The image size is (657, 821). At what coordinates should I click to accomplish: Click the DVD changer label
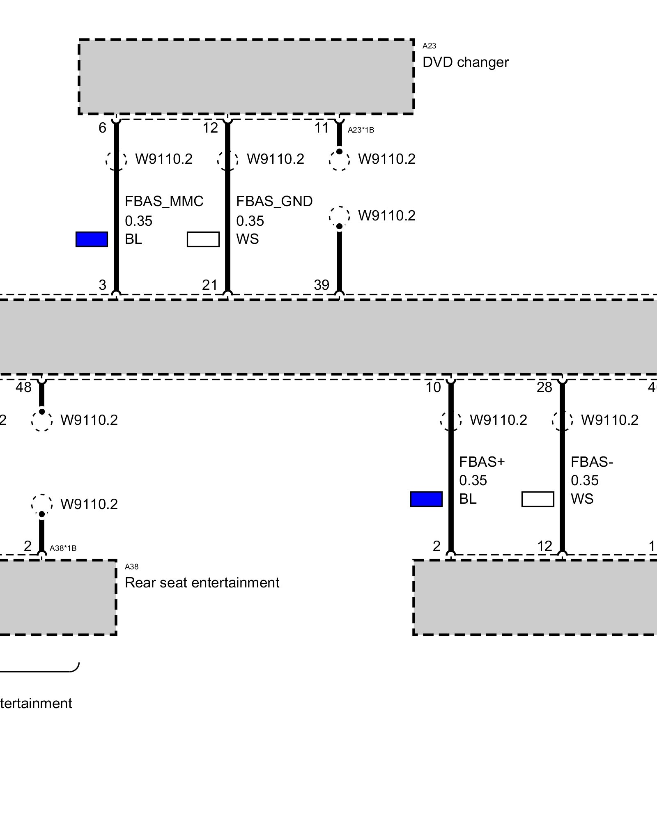(x=465, y=62)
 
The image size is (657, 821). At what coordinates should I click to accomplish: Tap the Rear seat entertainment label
(x=202, y=582)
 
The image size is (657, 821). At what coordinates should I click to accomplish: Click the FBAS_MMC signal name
(x=164, y=201)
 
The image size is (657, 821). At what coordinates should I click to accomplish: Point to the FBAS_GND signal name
(x=274, y=201)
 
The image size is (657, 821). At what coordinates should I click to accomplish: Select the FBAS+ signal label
(x=482, y=462)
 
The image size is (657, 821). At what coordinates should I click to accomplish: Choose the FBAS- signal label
(x=592, y=462)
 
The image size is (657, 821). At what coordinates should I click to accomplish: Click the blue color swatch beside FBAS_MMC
(x=92, y=239)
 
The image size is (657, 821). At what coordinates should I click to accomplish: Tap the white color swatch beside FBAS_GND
(x=203, y=239)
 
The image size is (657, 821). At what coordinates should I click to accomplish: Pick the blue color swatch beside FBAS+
(x=426, y=499)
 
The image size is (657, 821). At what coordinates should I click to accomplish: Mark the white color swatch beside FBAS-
(x=538, y=499)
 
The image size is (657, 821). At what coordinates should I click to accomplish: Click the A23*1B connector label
(x=361, y=130)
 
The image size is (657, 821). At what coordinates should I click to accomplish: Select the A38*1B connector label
(x=63, y=548)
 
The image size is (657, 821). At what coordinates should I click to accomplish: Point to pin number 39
(x=322, y=285)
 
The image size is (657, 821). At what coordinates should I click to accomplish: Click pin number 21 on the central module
(x=210, y=285)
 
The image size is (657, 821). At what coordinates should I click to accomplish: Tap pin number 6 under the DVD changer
(x=102, y=128)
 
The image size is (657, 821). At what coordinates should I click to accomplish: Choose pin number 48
(x=23, y=387)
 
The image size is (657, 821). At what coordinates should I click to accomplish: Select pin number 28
(x=544, y=387)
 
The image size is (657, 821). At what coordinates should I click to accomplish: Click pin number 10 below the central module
(x=433, y=387)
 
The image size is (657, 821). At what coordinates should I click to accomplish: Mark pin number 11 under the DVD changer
(x=322, y=128)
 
